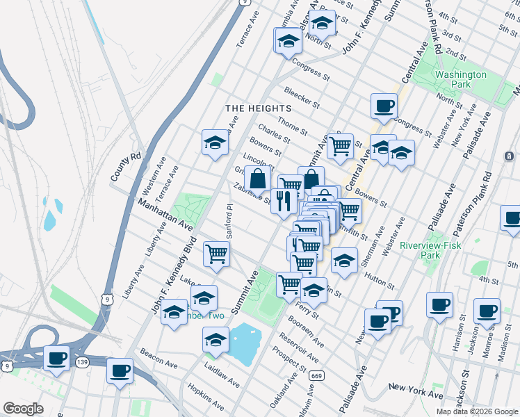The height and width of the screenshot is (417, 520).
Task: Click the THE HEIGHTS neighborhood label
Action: pos(257,108)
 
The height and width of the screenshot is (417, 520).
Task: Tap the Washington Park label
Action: pos(460,79)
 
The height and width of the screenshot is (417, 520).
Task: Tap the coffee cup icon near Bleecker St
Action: pos(384,106)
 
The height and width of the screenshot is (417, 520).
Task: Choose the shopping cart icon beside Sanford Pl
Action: pos(217,254)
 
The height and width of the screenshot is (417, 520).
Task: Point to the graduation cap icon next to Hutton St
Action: pos(343,261)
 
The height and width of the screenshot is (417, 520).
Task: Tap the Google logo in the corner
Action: pos(24,409)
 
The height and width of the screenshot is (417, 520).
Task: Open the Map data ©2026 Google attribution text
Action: pos(477,411)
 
